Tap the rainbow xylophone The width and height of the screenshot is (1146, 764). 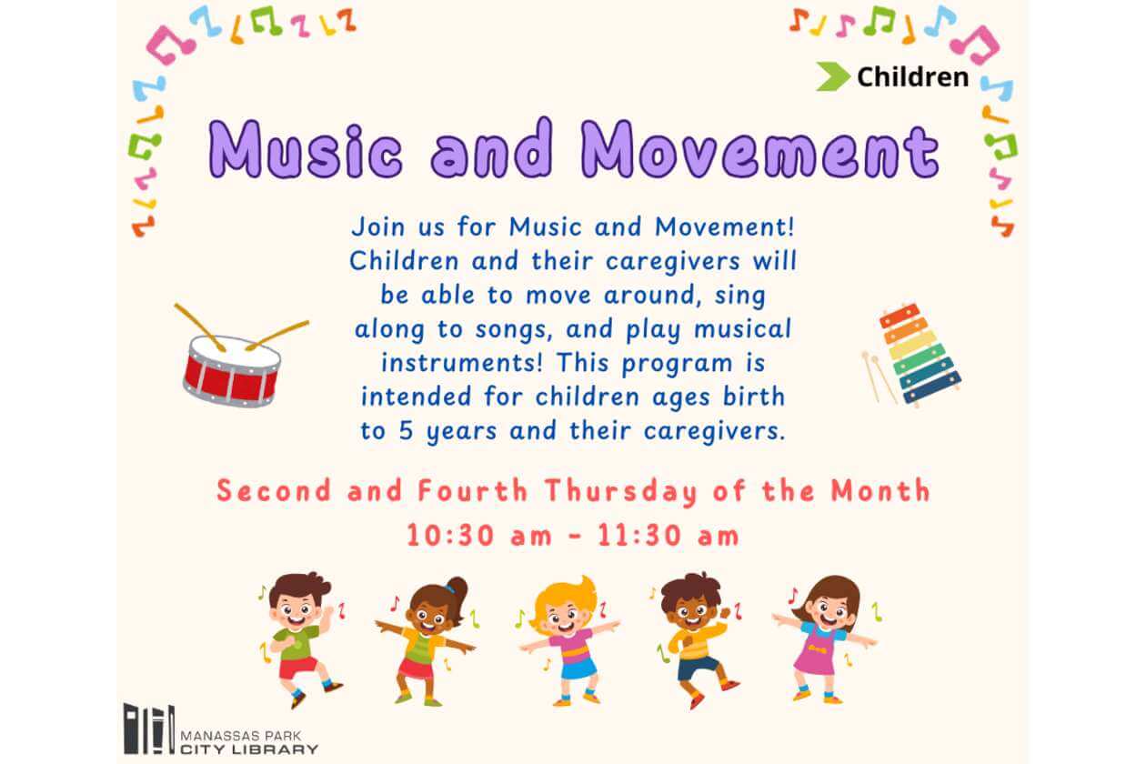tap(920, 354)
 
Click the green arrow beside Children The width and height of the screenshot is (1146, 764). tap(832, 76)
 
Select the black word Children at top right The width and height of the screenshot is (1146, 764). tap(913, 77)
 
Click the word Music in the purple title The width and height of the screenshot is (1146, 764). tap(306, 149)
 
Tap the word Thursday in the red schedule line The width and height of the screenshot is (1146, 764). tap(620, 491)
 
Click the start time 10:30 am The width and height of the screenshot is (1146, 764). tap(479, 536)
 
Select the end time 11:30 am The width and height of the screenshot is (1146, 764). tap(668, 536)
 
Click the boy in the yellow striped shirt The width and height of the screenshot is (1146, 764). tap(697, 640)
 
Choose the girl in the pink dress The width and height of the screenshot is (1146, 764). tap(825, 639)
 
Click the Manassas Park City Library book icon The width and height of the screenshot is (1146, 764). tap(149, 729)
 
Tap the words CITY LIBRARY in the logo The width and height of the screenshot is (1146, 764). tap(249, 750)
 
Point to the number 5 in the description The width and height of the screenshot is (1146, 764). tap(406, 430)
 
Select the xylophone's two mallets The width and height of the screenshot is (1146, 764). tap(879, 377)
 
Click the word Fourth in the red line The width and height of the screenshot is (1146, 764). tap(473, 491)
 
